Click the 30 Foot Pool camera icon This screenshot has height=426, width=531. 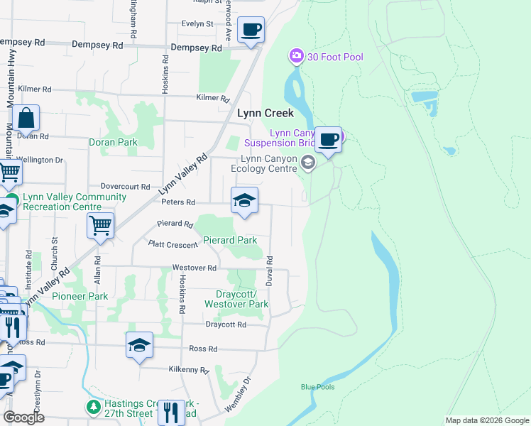tap(297, 55)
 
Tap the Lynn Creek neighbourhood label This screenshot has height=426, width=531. tap(265, 113)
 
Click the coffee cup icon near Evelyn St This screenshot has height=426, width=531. tap(251, 31)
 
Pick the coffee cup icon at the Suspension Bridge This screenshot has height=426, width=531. tap(328, 139)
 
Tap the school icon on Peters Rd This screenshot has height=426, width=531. tap(244, 201)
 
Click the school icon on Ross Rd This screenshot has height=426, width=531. tap(140, 346)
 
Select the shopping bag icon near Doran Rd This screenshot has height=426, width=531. tap(26, 119)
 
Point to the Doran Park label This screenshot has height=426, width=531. tap(113, 142)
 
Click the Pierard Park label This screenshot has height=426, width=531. tap(230, 240)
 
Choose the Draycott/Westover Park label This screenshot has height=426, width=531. tap(236, 299)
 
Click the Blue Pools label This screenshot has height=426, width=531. tap(317, 387)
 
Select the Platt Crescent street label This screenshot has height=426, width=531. tap(173, 244)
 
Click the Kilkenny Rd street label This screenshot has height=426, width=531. tap(189, 370)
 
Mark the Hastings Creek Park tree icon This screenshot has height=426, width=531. tap(92, 407)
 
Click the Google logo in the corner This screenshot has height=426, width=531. tap(23, 417)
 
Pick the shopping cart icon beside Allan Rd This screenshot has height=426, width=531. tap(100, 226)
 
